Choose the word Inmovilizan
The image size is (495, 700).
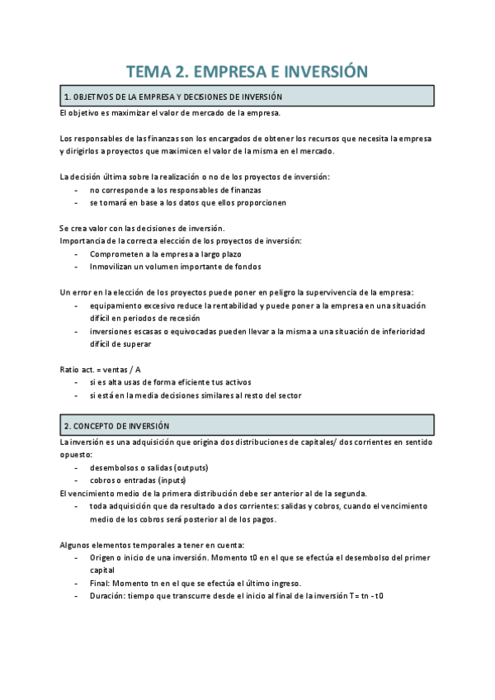pyautogui.click(x=118, y=267)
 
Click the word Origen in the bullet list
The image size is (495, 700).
pyautogui.click(x=105, y=557)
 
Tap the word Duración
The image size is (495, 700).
pyautogui.click(x=110, y=595)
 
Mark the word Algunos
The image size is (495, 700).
pyautogui.click(x=77, y=544)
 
